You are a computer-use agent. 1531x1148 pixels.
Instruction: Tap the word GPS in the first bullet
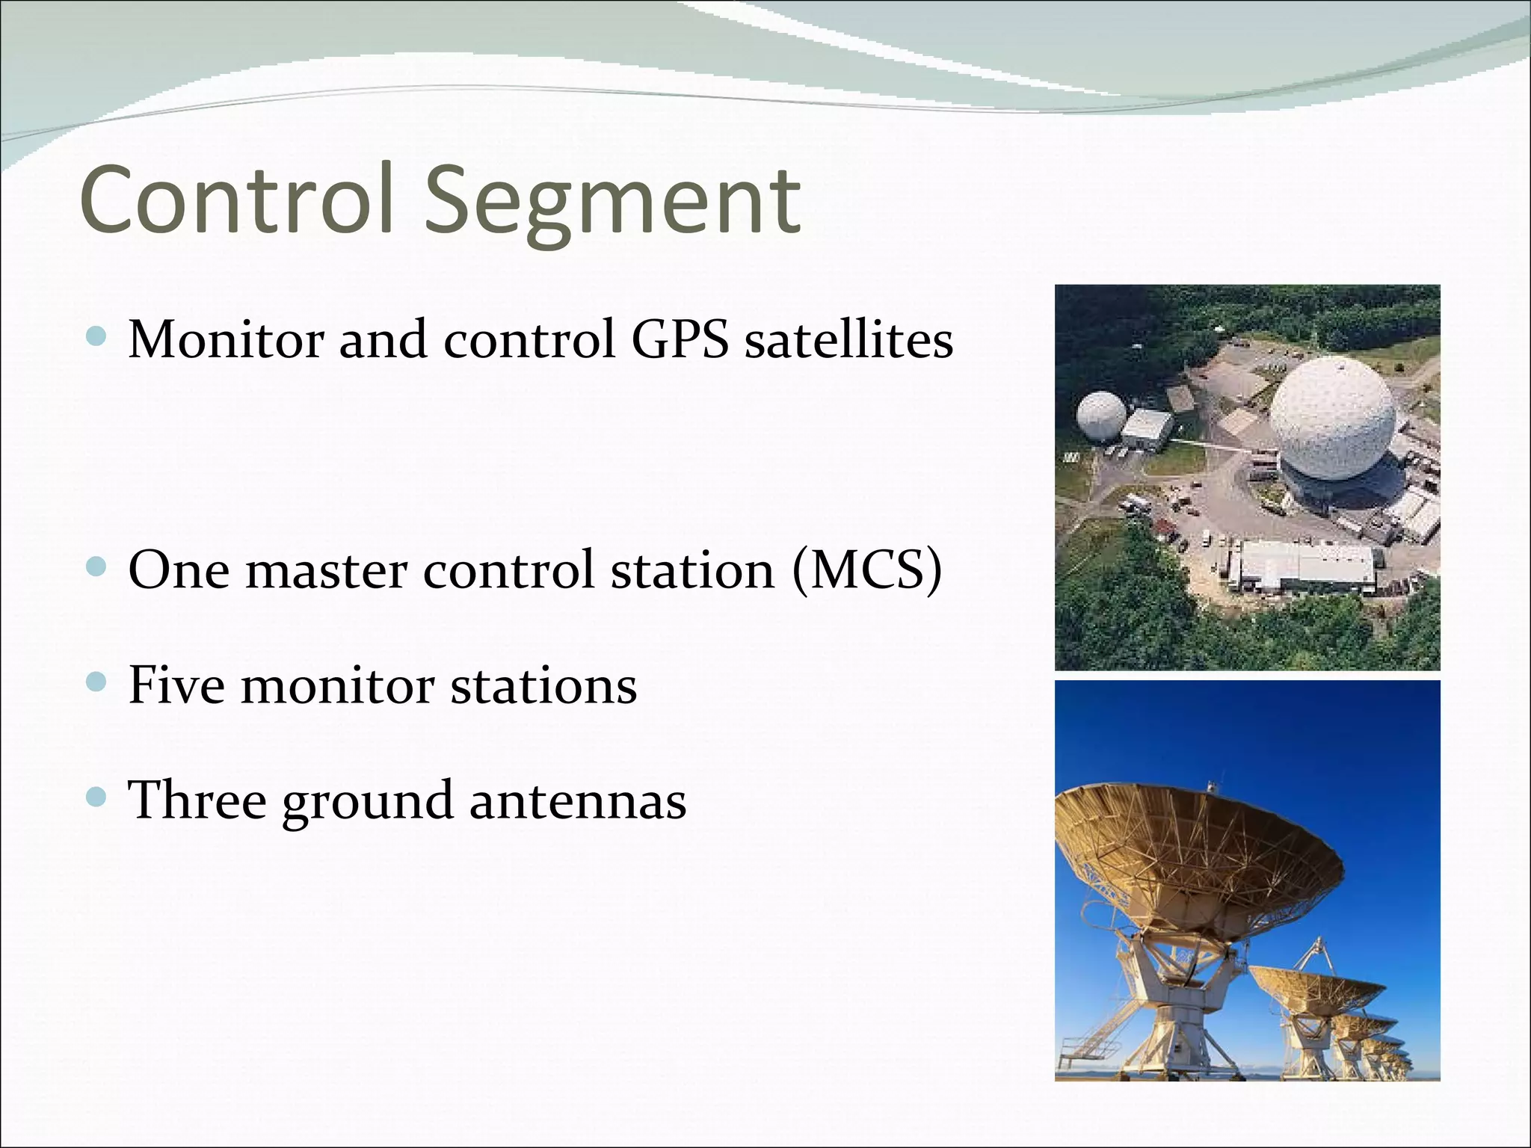point(679,340)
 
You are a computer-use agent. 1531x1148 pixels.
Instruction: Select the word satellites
point(848,340)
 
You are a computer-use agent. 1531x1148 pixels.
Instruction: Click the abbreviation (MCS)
point(866,571)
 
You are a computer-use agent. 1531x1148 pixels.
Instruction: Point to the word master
point(326,571)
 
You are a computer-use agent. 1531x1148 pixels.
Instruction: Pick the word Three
point(197,800)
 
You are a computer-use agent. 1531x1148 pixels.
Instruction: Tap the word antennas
point(577,800)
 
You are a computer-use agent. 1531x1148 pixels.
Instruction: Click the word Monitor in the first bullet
point(226,340)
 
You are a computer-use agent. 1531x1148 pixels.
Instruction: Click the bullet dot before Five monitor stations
point(96,682)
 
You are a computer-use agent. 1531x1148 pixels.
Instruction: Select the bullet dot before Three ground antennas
point(96,797)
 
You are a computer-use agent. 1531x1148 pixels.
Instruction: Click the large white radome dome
point(1332,419)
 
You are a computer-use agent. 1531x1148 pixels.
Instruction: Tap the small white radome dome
point(1100,416)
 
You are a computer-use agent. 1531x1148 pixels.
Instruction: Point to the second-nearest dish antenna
point(1316,994)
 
